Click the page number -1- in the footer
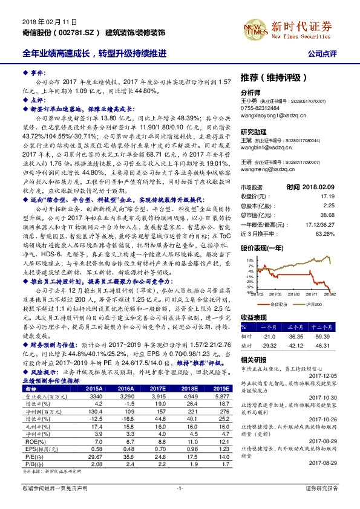click(180, 503)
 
